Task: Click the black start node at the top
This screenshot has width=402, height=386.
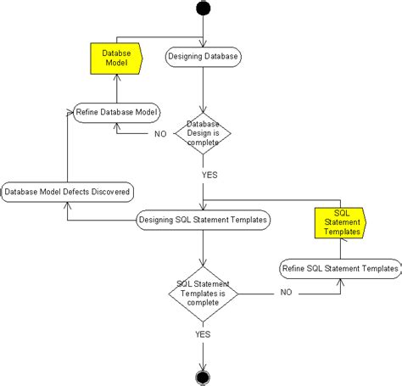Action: [x=203, y=8]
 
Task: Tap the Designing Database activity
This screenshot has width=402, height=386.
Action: [x=203, y=58]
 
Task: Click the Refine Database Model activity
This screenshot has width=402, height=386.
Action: [x=118, y=112]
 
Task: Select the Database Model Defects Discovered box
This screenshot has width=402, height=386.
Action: [x=68, y=193]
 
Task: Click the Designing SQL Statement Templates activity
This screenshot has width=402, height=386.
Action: [x=203, y=221]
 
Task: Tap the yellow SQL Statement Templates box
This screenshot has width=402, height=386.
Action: [x=342, y=221]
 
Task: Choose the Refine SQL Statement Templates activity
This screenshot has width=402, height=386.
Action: [x=339, y=269]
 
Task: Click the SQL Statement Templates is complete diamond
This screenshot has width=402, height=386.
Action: [x=203, y=294]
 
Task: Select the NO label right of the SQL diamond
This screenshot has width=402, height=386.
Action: [x=286, y=294]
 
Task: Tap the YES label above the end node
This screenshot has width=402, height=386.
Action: [x=203, y=333]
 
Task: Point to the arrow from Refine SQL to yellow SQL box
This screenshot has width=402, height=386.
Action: [x=342, y=248]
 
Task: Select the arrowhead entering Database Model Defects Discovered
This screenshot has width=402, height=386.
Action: [x=68, y=204]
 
